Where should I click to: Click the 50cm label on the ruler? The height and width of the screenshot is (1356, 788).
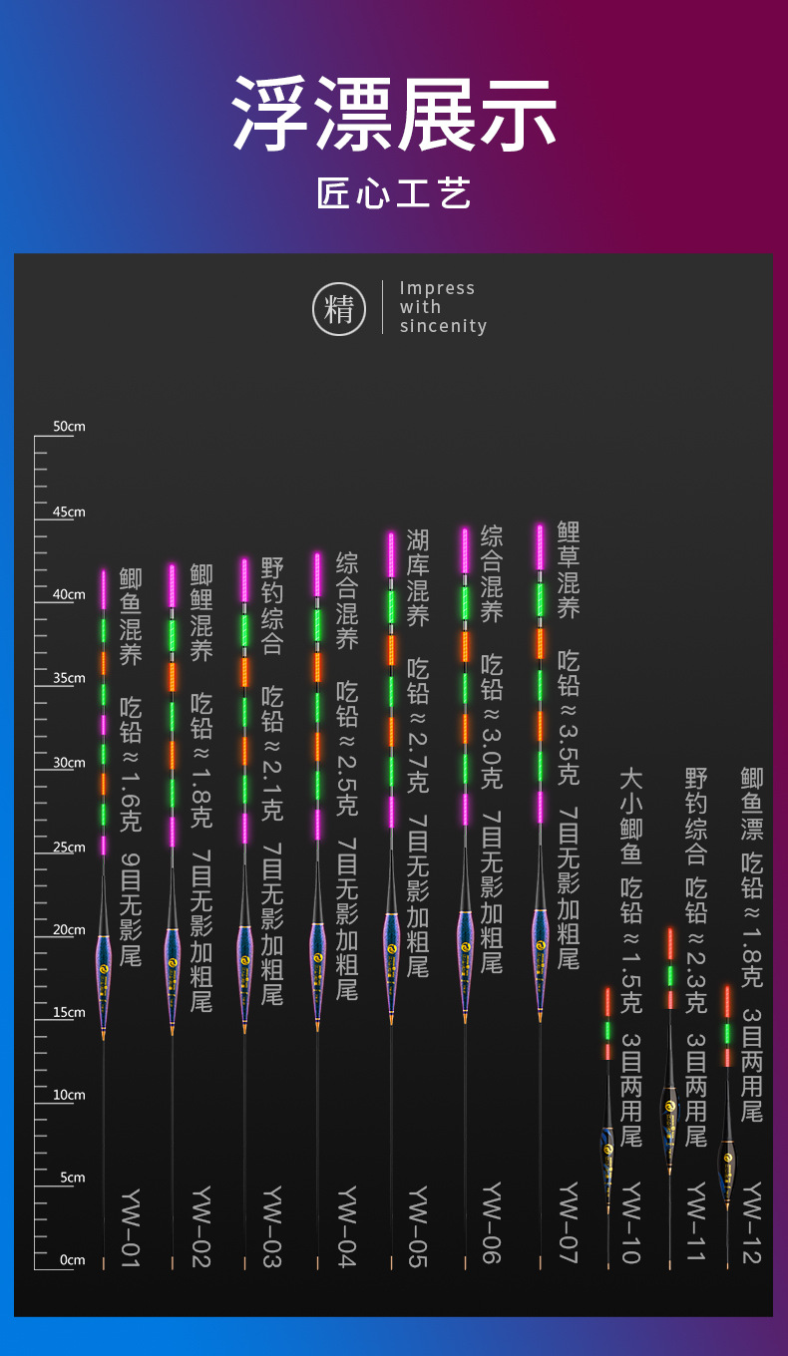tap(69, 426)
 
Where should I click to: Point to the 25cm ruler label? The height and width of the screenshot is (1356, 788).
tap(69, 847)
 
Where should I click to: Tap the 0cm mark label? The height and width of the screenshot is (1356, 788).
tap(72, 1260)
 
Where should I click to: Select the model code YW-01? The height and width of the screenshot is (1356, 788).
tap(131, 1228)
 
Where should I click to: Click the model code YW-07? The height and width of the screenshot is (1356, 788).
tap(569, 1222)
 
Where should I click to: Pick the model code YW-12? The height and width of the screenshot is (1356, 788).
tap(752, 1222)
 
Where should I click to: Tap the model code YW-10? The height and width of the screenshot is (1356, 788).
tap(630, 1222)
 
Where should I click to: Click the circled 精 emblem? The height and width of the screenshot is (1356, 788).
tap(339, 309)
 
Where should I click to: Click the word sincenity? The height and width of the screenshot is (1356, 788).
tap(443, 326)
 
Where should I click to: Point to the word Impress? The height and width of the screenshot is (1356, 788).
tap(437, 288)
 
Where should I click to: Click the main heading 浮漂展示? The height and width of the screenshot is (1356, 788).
tap(394, 114)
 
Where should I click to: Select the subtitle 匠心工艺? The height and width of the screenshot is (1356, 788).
tap(394, 193)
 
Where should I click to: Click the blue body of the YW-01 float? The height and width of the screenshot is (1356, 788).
tap(104, 981)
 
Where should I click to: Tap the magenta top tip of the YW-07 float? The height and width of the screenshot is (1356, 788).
tap(540, 547)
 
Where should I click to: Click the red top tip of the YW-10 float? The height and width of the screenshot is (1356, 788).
tap(607, 1002)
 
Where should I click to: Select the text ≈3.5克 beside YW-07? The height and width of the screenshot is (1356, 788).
tap(569, 745)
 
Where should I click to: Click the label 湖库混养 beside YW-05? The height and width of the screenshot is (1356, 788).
tap(418, 578)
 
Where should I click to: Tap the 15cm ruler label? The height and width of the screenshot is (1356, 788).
tap(69, 1012)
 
